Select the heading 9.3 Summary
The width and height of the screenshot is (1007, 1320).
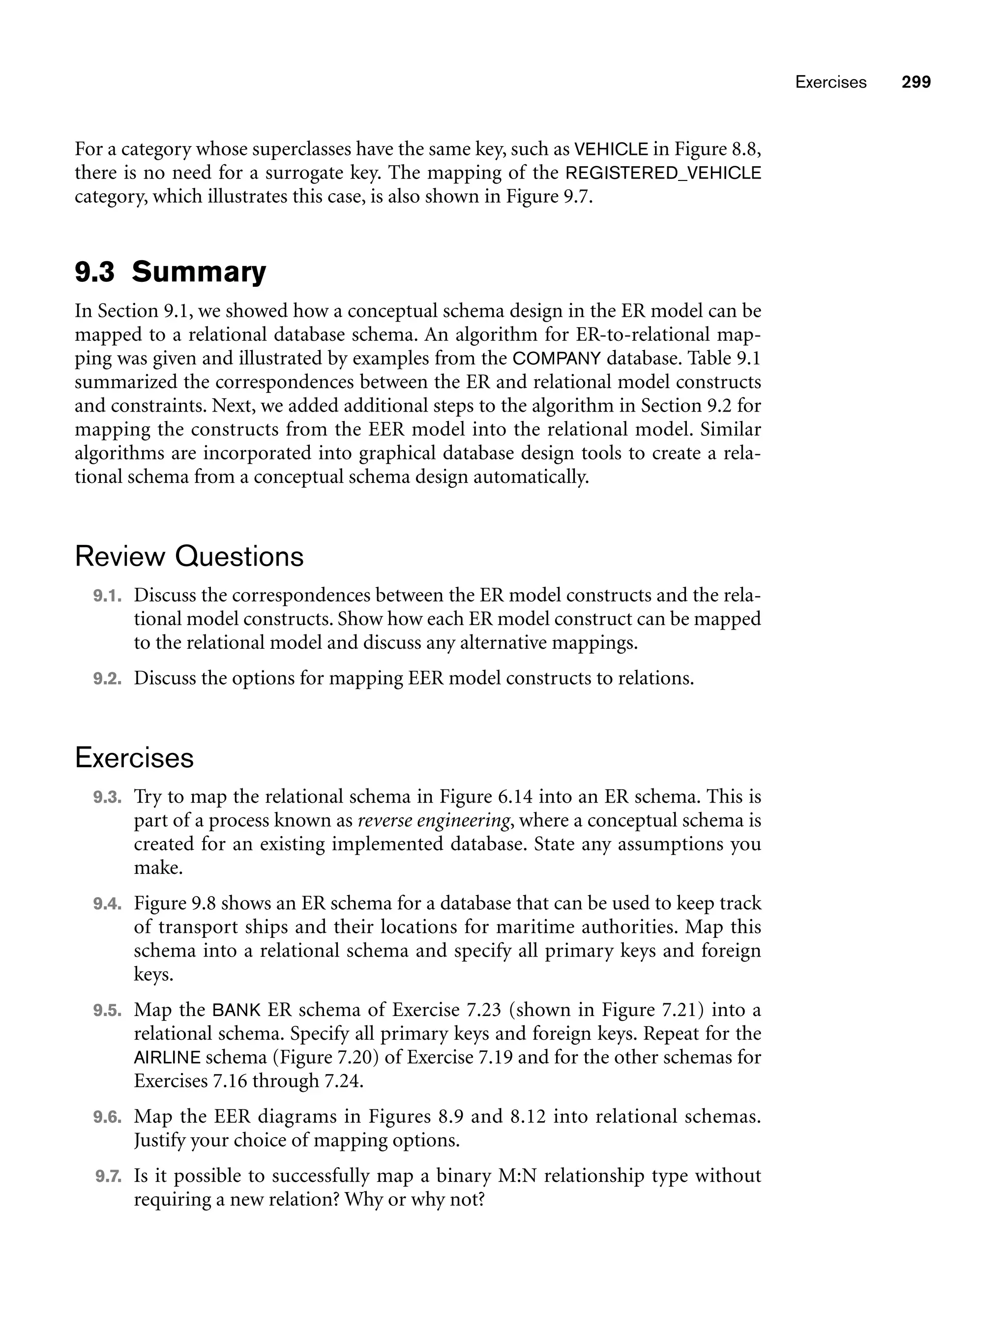170,271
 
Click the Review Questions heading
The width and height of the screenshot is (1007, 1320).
189,556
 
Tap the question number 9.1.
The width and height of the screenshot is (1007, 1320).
107,596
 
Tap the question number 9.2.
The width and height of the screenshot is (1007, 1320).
107,679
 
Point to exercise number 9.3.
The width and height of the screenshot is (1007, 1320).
107,797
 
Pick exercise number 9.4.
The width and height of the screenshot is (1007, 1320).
107,904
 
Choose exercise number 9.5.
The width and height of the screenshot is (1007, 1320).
107,1011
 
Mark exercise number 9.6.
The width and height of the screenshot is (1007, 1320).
107,1117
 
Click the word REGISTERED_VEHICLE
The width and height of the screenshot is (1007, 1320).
663,173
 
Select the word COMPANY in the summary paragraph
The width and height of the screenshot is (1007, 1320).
557,359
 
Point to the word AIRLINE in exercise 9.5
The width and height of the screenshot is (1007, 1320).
167,1057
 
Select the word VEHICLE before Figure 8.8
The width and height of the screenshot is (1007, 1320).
611,150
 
